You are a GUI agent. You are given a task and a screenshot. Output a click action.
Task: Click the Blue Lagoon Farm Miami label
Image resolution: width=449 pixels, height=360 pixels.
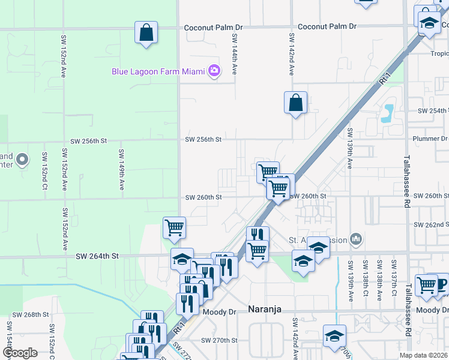point(159,71)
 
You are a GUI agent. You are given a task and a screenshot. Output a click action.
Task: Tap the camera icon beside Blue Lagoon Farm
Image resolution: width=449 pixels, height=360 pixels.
point(214,71)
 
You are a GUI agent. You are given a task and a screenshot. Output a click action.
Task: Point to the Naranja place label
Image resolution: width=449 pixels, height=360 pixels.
point(265,310)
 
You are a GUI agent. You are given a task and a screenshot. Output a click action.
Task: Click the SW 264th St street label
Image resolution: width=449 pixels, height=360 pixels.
point(98,256)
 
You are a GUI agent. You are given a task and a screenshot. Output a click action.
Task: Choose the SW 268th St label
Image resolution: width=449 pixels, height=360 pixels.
point(29,315)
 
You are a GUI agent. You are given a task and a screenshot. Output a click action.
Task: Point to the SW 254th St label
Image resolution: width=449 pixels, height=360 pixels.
point(433,111)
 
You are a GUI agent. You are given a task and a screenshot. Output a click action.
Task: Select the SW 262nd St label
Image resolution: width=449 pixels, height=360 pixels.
point(431,224)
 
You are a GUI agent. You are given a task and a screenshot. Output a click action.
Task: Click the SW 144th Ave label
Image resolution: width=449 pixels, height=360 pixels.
point(235,54)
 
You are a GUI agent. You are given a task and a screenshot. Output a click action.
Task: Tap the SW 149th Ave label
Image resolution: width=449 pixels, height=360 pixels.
point(121,170)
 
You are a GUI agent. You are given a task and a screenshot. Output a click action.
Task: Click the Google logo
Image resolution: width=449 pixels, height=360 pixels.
point(20,353)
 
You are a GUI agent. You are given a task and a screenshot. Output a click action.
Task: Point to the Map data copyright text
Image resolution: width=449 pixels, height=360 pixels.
point(423,355)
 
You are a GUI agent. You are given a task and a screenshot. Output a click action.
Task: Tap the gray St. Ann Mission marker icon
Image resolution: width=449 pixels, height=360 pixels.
point(356,239)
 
